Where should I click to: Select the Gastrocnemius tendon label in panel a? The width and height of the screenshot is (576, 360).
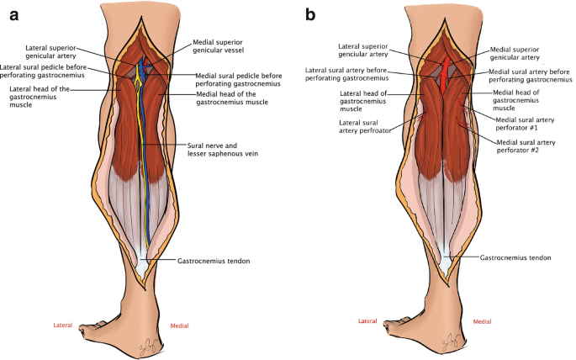[x=214, y=261]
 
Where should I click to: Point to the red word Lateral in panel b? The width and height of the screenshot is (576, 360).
[x=367, y=321]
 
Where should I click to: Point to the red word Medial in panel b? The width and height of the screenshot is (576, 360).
[x=482, y=321]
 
